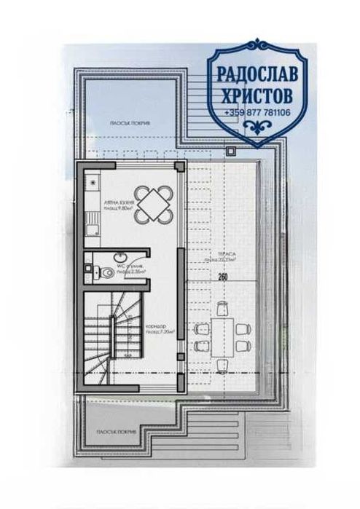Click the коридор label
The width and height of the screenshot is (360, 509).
[154, 325]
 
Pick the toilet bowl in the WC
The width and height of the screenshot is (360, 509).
[103, 273]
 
